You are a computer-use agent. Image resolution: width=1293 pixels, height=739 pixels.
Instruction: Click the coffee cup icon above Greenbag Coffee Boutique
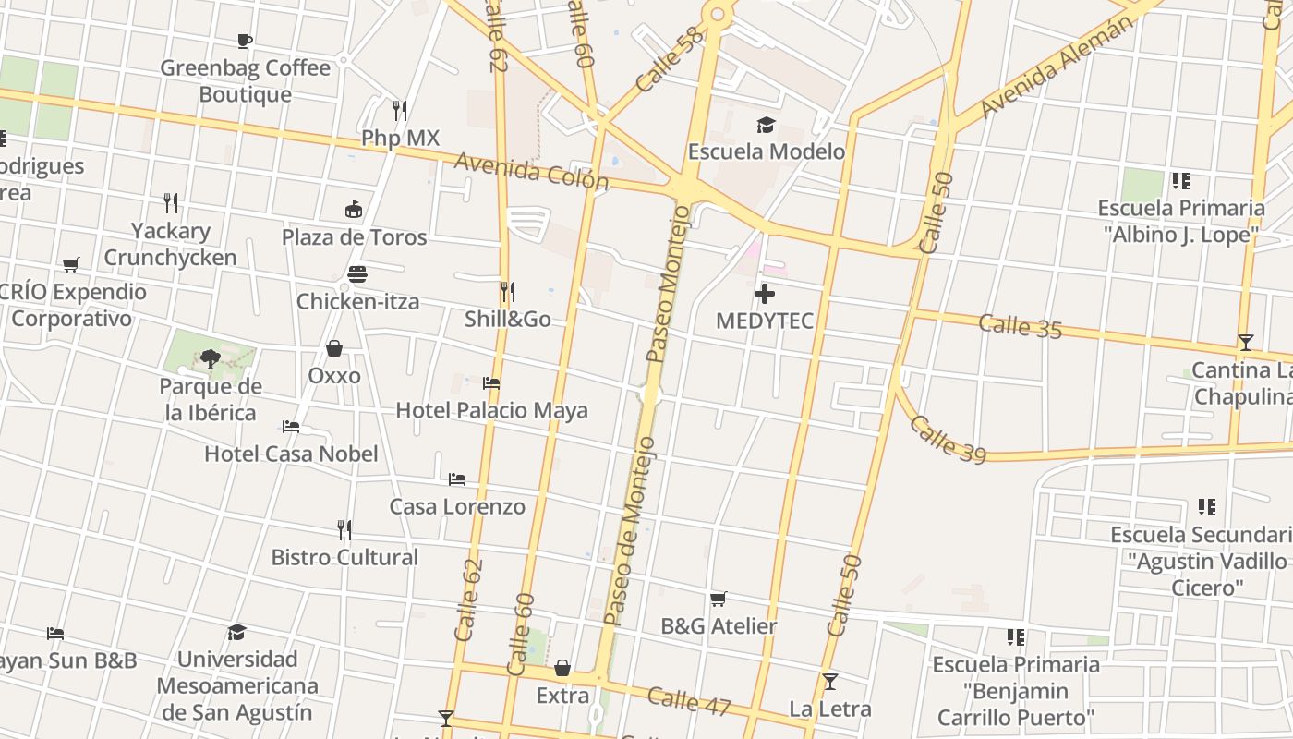245,41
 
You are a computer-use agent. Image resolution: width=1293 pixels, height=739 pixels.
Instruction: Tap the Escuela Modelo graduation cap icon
766,125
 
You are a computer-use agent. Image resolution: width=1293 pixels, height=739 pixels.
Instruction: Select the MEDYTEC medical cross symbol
765,295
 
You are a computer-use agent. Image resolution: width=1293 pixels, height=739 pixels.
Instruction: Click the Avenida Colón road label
531,171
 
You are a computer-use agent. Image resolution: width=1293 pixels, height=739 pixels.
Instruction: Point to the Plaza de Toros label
354,237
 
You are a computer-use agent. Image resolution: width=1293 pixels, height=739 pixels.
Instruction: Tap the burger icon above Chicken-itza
357,274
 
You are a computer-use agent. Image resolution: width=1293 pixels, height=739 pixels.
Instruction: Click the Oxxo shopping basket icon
334,348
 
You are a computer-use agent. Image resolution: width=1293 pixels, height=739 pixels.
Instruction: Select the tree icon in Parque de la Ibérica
211,358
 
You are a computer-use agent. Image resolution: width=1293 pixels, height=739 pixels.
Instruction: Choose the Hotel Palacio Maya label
491,410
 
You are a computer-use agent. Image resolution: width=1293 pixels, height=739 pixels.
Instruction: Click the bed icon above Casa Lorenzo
457,479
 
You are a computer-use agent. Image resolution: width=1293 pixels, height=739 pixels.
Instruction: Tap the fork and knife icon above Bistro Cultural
344,530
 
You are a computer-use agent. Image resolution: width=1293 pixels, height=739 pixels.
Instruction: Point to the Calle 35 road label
1020,326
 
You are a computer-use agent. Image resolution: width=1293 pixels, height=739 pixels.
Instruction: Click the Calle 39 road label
948,439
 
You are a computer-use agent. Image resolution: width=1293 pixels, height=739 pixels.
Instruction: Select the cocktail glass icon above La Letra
830,682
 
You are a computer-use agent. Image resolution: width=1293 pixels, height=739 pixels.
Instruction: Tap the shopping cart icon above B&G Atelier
719,600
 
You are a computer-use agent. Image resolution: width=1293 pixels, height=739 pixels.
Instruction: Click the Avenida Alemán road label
1056,67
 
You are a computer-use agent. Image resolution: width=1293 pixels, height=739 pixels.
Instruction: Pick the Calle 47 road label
689,701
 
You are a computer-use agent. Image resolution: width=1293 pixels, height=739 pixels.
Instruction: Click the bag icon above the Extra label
562,668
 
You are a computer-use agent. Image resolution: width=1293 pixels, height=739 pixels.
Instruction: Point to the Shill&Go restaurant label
508,320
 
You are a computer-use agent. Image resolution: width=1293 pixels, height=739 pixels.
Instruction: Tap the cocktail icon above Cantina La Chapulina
1245,343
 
